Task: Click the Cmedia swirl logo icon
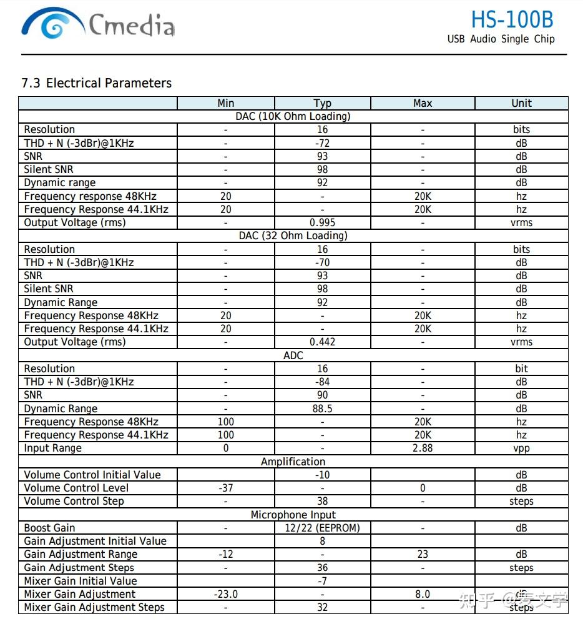[52, 26]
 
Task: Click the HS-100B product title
[511, 19]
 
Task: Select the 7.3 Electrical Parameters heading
[96, 83]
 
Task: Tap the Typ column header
[322, 103]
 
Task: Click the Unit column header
[521, 103]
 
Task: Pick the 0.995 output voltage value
[322, 222]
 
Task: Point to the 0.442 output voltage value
[322, 342]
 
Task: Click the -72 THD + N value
[322, 143]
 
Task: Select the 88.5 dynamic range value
[322, 409]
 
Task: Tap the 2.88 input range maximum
[423, 448]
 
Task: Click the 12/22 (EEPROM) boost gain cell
[322, 528]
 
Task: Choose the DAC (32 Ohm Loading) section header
[293, 235]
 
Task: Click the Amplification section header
[293, 462]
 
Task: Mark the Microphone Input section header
[293, 515]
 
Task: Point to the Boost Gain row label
[49, 528]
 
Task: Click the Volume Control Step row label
[74, 501]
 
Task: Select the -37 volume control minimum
[225, 488]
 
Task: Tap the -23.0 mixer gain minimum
[225, 594]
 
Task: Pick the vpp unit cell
[521, 448]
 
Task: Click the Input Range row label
[52, 448]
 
